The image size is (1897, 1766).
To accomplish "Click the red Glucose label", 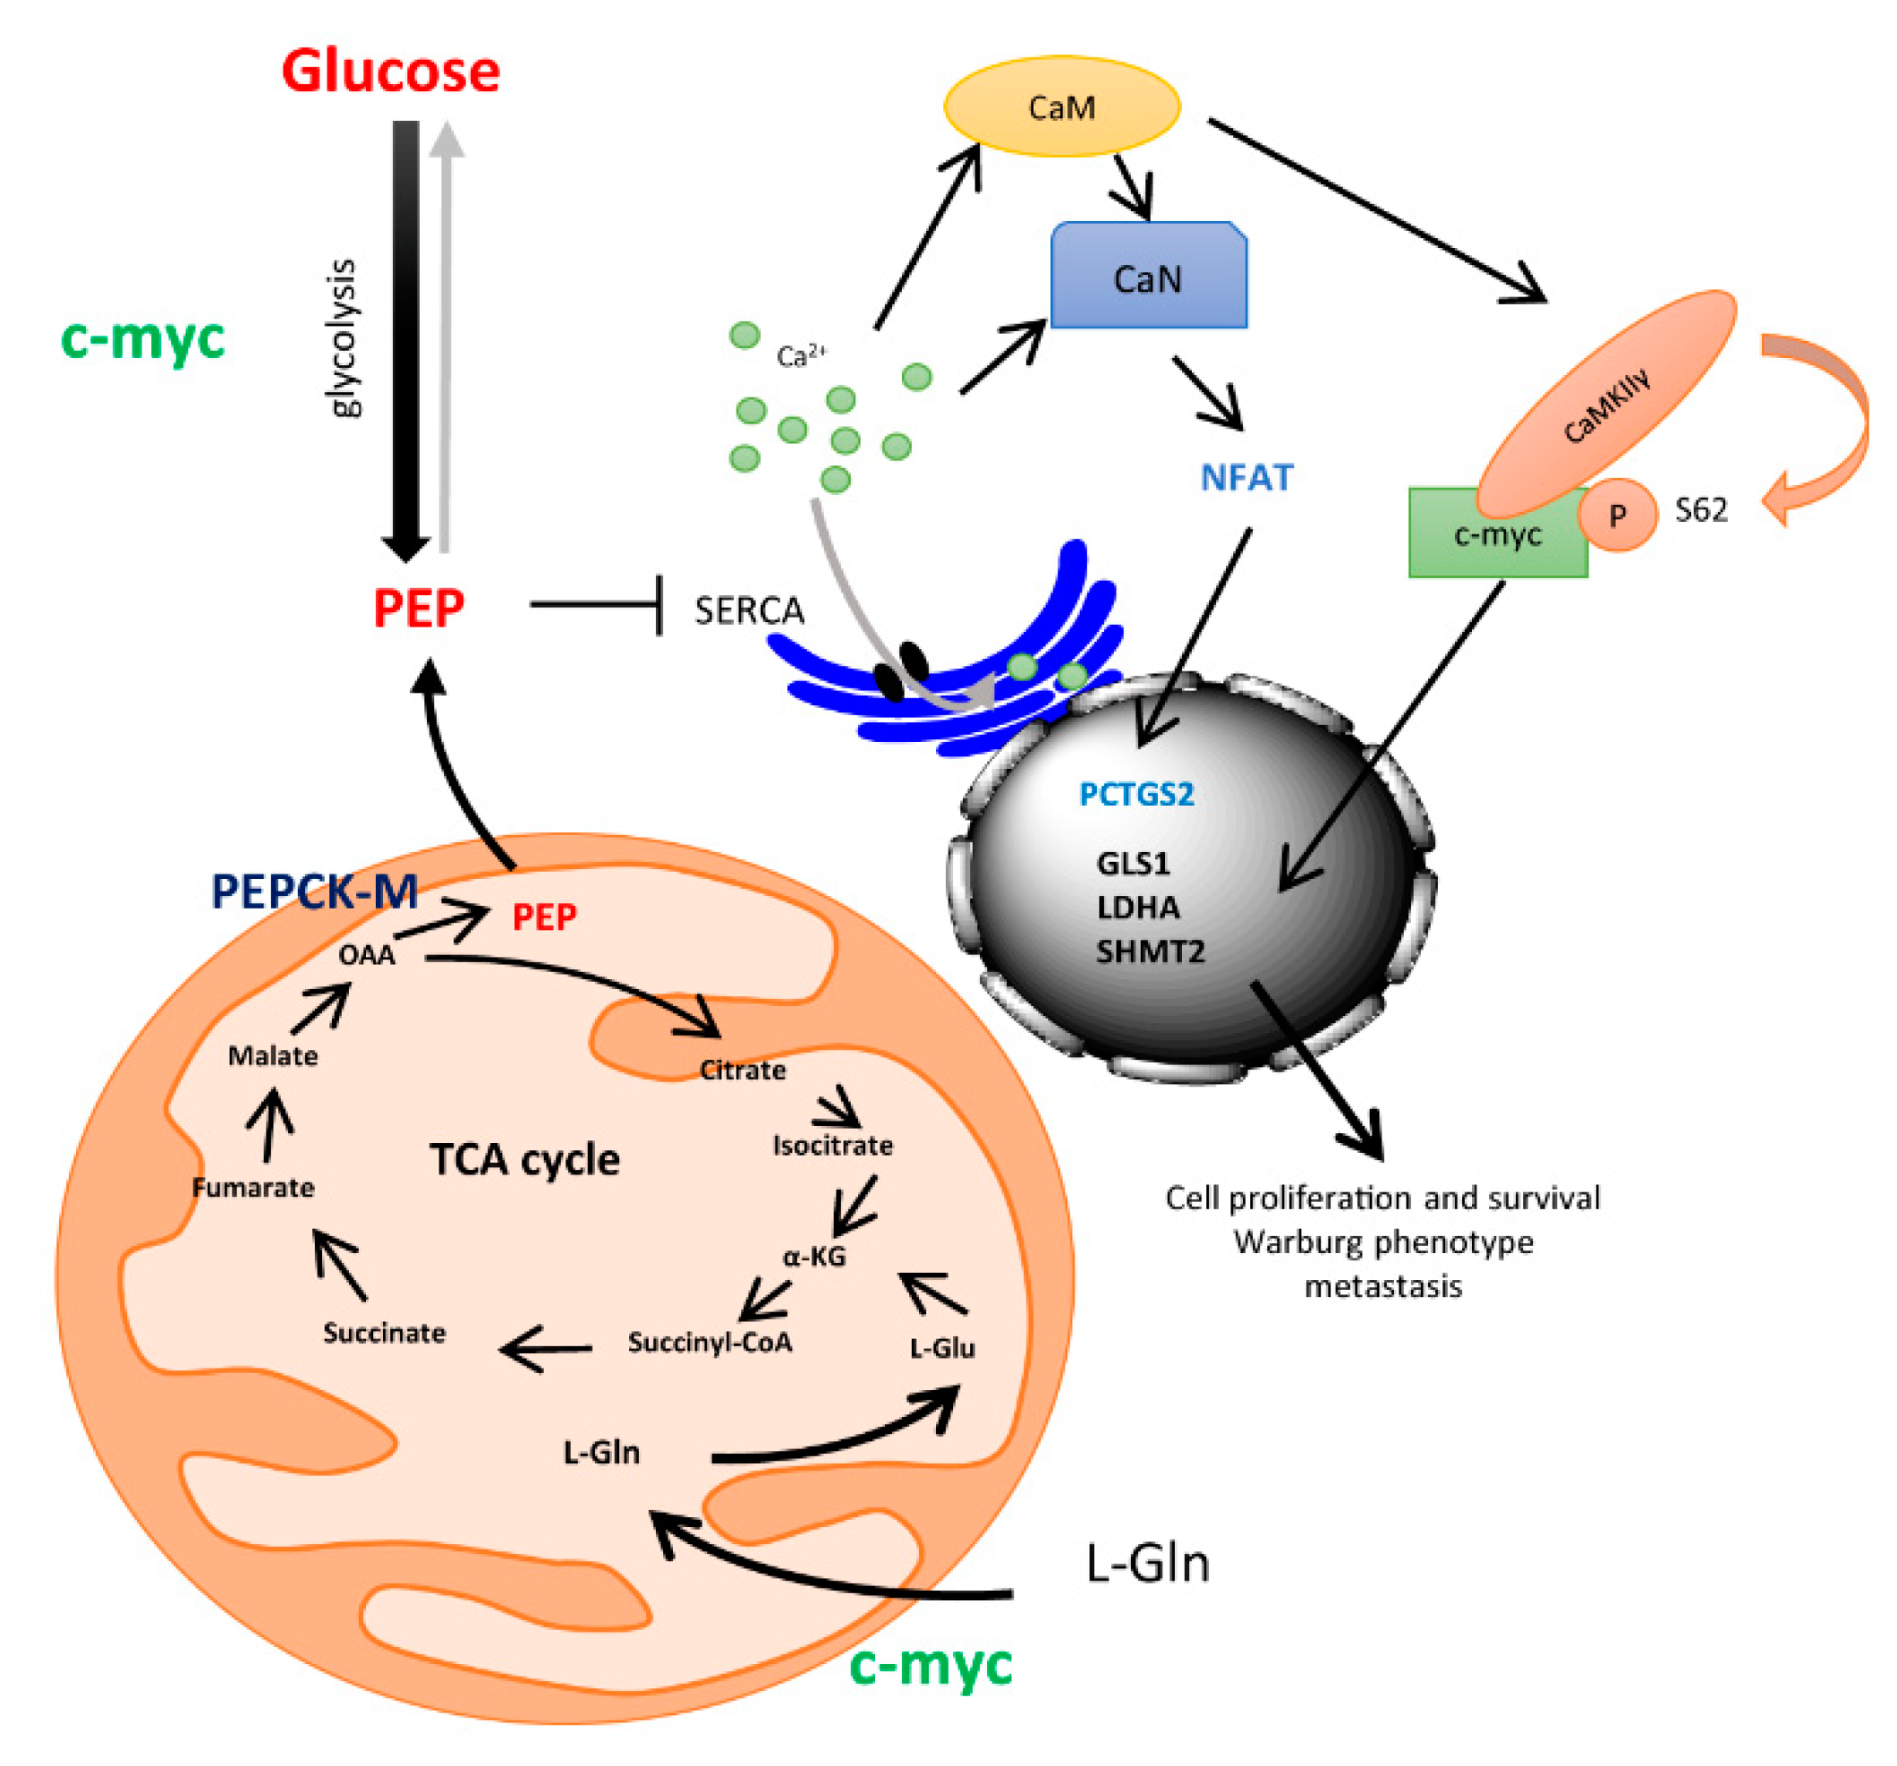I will tap(390, 72).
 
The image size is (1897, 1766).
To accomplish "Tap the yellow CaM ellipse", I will tap(1061, 107).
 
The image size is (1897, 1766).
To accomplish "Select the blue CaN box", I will tap(1148, 277).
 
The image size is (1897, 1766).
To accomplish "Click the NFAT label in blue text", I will tap(1246, 477).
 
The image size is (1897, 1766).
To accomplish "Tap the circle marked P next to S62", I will tap(1616, 516).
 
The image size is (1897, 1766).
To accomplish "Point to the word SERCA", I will tap(749, 611).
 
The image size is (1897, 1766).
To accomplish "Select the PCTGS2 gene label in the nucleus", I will tap(1136, 794).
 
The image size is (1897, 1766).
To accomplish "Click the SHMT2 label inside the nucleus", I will tap(1150, 951).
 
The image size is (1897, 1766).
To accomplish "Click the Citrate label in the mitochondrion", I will tap(743, 1071).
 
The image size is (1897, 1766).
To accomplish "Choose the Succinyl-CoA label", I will tap(709, 1342).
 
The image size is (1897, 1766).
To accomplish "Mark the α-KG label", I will tap(814, 1256).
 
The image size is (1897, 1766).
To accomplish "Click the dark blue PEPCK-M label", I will tap(314, 892).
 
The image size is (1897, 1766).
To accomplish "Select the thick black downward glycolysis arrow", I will tap(405, 334).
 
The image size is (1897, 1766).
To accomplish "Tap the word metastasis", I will tap(1382, 1286).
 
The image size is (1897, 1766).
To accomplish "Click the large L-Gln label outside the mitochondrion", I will tap(1147, 1564).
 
